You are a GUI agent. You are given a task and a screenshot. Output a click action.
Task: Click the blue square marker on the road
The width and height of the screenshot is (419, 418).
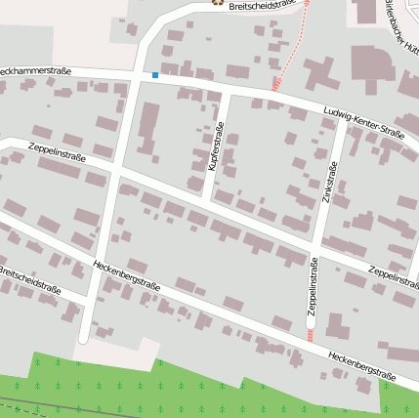tap(154, 74)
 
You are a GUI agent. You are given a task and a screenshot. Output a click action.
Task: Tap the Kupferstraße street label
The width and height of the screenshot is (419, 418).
tap(217, 147)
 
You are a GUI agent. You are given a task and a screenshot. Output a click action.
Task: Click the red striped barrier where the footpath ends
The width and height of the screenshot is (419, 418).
tap(276, 85)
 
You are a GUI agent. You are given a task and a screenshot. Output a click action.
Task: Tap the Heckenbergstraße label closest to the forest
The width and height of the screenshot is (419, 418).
tap(361, 366)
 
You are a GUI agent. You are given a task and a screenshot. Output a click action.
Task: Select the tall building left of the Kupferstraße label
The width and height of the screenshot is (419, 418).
tap(148, 127)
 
